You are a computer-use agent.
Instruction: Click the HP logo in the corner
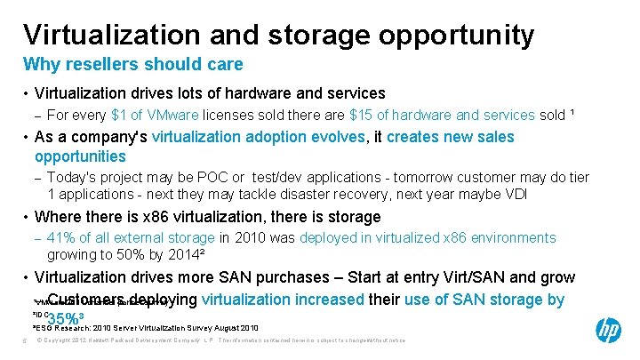pos(608,330)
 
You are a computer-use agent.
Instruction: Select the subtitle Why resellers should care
pos(132,65)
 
